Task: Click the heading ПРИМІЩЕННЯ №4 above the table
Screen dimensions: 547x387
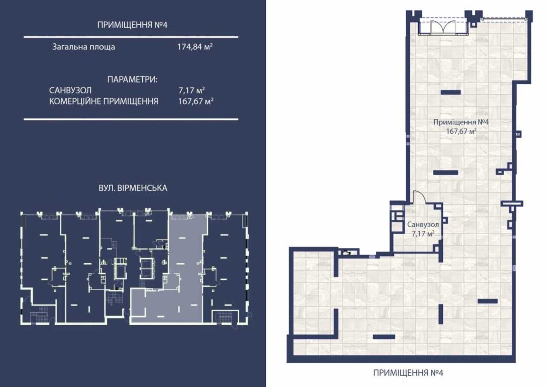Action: pos(132,25)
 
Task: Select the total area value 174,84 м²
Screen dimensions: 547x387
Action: pos(195,47)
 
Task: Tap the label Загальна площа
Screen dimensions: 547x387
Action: pos(84,47)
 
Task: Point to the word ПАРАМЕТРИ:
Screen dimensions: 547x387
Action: pos(132,79)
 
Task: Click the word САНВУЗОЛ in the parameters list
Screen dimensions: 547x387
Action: pos(70,90)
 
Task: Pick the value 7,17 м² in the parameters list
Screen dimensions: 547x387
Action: pos(192,90)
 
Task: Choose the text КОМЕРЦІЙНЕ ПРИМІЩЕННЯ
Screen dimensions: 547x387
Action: pos(104,101)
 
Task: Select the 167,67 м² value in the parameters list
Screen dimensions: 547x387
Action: pos(195,101)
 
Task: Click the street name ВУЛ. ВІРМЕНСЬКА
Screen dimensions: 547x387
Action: pos(133,188)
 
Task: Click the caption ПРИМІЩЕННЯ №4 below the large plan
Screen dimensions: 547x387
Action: pos(408,373)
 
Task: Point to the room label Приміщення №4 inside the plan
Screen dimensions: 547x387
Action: pos(461,122)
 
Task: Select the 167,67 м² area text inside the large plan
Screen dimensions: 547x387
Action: pos(461,131)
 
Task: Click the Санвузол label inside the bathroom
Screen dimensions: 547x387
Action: pos(423,224)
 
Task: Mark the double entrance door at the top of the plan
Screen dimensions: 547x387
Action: pos(443,27)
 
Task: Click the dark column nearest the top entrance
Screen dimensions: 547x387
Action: pos(451,92)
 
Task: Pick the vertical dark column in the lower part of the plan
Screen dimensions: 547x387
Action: pos(440,314)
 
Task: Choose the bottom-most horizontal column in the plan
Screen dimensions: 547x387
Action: pos(384,337)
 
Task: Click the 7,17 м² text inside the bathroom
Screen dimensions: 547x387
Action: pos(423,233)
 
